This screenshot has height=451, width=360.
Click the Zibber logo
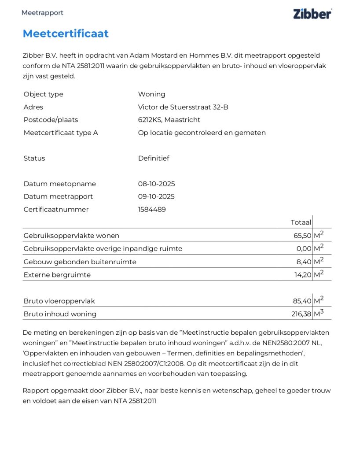coord(312,13)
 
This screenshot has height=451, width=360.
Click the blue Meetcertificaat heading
coord(66,33)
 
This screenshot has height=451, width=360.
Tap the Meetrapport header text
coord(42,13)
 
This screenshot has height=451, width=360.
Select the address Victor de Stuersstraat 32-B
coord(183,107)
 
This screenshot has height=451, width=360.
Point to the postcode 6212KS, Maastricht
coord(169,120)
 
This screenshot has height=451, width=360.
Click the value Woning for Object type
coord(151,94)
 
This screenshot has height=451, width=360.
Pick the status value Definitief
coord(154,158)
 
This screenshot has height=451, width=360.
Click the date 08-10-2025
coord(156,184)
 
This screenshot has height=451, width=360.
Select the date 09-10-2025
coord(156,196)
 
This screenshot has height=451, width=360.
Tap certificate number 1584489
coord(152,209)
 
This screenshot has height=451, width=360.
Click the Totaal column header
coord(301,222)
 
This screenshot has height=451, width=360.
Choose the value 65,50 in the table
coord(302,236)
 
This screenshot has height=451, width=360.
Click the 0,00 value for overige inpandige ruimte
coord(304,248)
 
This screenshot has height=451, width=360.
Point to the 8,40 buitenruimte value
coord(304,262)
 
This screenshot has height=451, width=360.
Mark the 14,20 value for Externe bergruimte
coord(303,275)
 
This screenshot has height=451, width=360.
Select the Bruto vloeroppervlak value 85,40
coord(302,301)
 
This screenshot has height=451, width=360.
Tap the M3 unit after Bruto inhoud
coord(319,314)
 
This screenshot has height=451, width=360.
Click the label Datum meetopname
coord(59,184)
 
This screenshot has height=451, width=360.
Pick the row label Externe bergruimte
coord(57,275)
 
